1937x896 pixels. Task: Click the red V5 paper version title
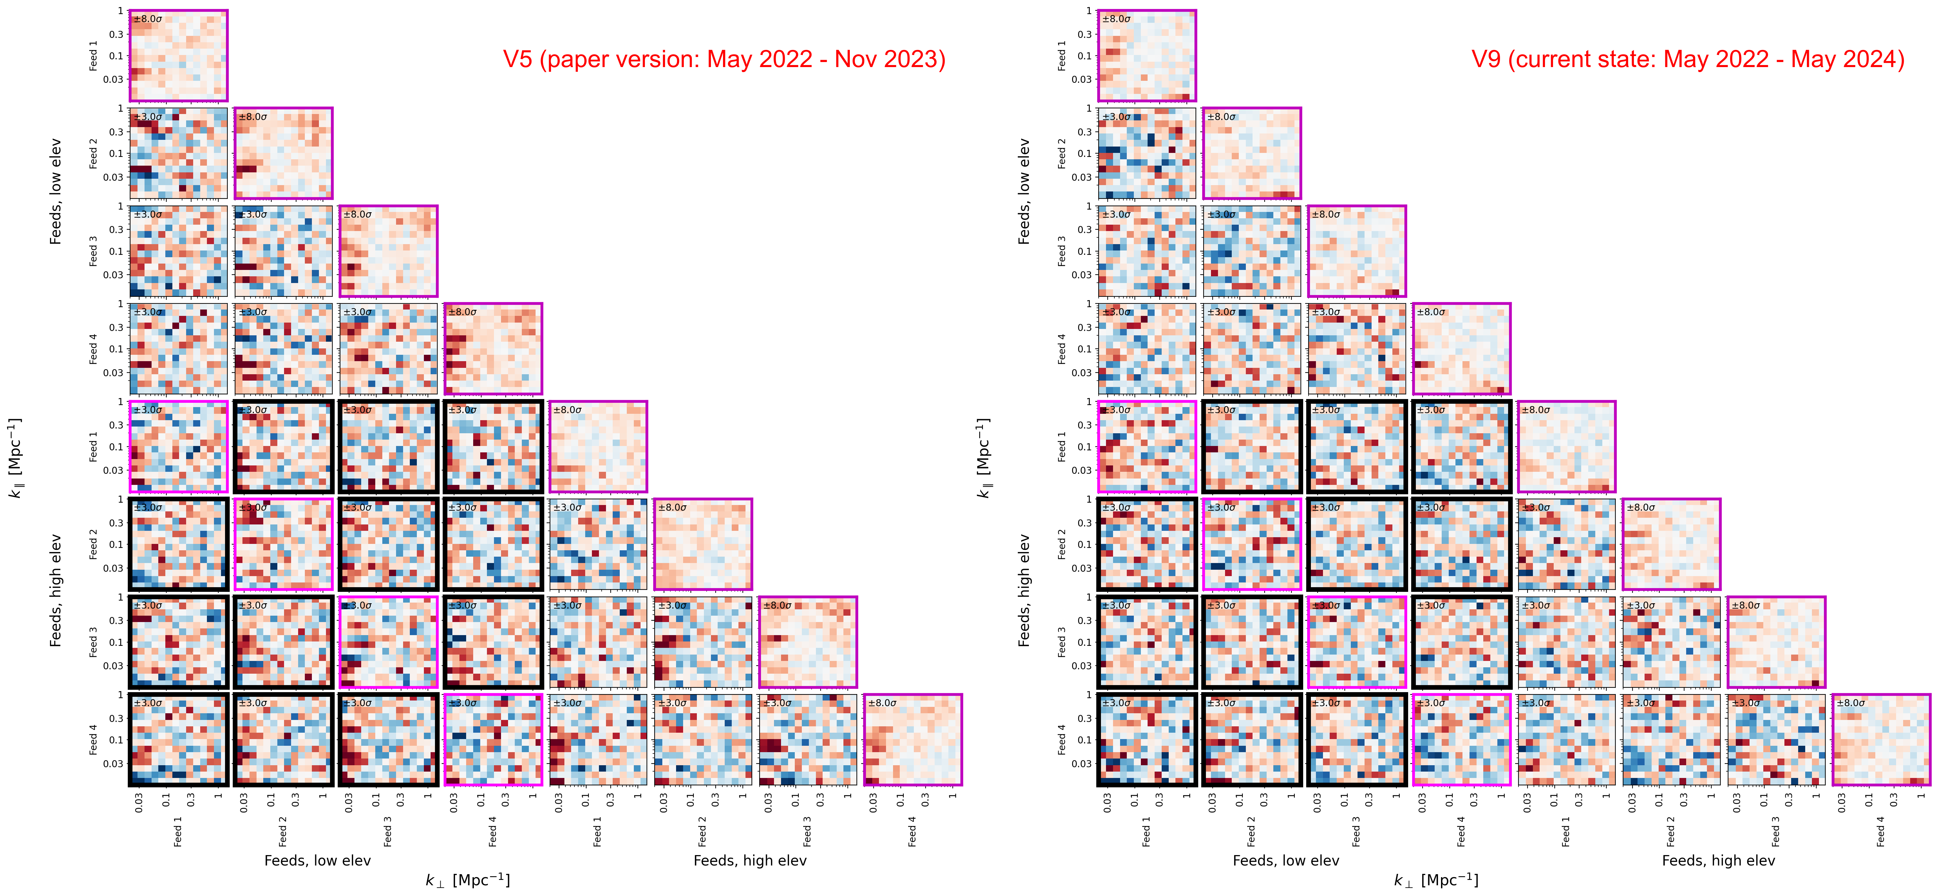coord(723,59)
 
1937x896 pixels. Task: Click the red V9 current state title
coord(1687,59)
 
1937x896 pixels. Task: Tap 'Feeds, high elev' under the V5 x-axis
coord(750,861)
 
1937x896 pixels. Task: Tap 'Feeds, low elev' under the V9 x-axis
coord(1286,861)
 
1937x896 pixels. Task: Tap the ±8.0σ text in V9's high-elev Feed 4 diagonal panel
coord(1850,703)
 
